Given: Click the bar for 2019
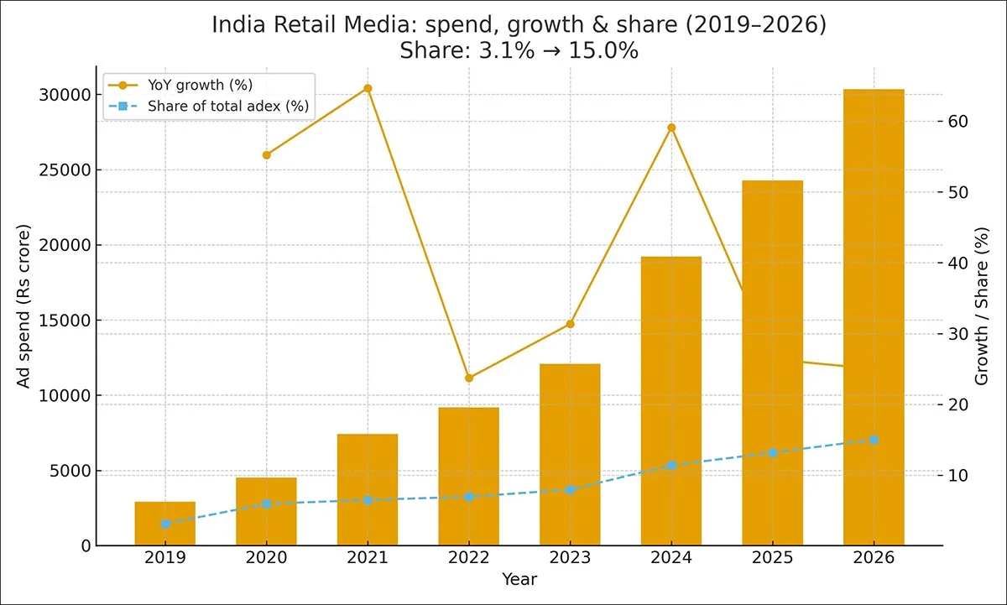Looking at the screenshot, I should click(x=165, y=524).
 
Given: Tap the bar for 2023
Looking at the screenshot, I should click(x=570, y=455).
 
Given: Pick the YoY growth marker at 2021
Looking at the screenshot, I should click(x=368, y=88).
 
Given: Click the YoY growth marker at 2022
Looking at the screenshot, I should click(x=469, y=378).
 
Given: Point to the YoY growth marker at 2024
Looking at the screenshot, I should click(x=671, y=128).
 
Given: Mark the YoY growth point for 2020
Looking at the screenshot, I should click(x=267, y=155).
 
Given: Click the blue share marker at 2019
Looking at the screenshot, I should click(x=165, y=524).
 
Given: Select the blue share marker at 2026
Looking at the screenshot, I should click(x=874, y=440).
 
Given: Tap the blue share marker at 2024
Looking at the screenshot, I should click(x=671, y=465).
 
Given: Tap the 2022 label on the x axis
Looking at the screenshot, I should click(x=469, y=558).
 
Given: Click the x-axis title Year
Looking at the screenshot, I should click(x=519, y=579).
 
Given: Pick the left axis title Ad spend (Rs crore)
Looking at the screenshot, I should click(x=24, y=306).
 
